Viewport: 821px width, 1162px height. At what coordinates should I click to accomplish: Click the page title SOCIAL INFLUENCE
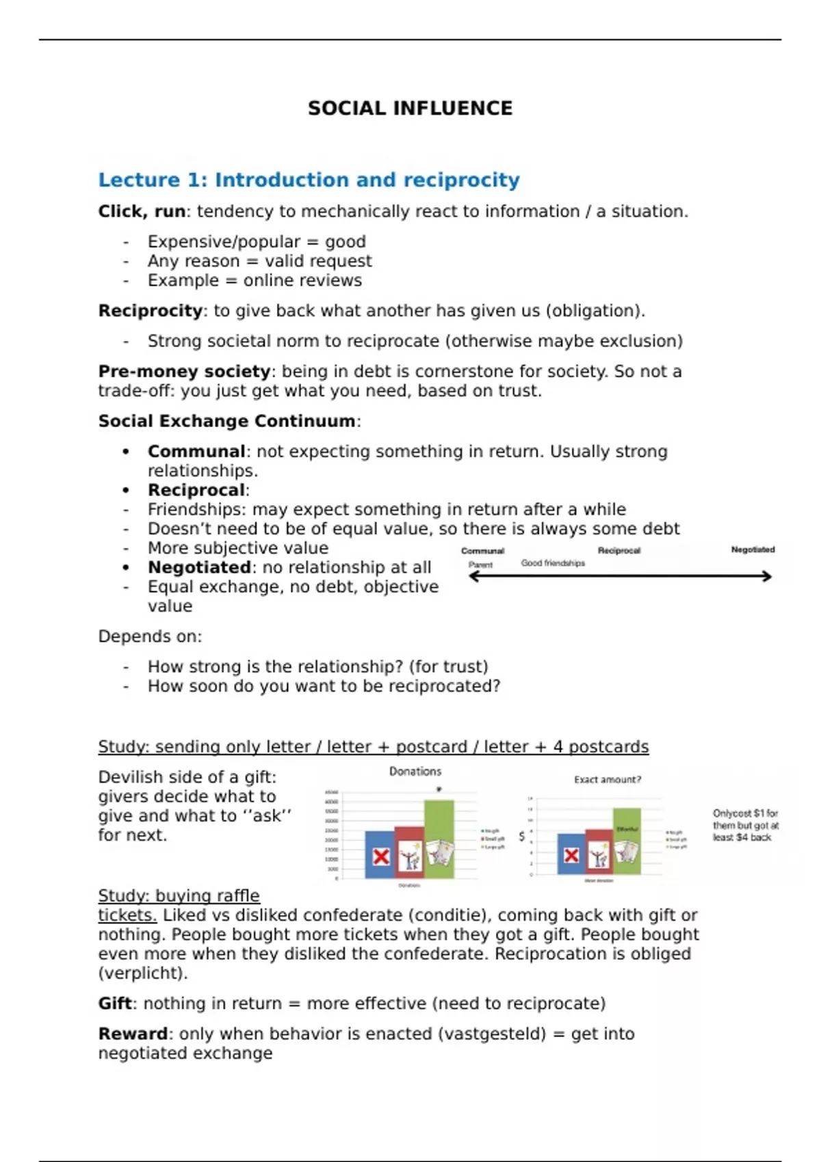(410, 108)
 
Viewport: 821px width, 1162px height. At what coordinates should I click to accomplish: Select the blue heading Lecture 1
(309, 180)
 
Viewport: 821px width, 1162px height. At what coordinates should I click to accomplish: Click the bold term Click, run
(142, 211)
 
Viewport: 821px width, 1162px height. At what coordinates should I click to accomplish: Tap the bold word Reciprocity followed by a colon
(151, 310)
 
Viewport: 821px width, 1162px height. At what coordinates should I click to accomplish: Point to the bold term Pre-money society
(184, 371)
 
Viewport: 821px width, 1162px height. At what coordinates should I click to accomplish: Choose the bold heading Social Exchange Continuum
(226, 420)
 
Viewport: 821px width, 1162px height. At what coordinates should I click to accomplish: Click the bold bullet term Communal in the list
(196, 451)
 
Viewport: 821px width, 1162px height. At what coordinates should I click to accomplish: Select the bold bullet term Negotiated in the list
(199, 567)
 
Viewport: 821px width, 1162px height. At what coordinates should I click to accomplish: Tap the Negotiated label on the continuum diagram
(753, 550)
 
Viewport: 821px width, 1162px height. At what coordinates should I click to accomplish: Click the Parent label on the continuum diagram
(480, 565)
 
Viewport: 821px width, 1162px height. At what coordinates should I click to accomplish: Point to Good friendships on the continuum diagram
(553, 563)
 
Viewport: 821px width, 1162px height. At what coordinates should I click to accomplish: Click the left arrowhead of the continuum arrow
(472, 576)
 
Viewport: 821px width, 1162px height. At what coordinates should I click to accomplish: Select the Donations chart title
(415, 771)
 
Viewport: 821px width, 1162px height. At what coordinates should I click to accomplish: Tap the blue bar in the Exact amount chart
(571, 854)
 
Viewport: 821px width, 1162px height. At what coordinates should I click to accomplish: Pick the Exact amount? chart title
(608, 779)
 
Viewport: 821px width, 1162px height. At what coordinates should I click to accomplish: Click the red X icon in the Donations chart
(381, 856)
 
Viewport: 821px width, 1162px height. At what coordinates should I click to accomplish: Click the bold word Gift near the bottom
(115, 1003)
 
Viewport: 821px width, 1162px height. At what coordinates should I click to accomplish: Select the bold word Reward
(133, 1033)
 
